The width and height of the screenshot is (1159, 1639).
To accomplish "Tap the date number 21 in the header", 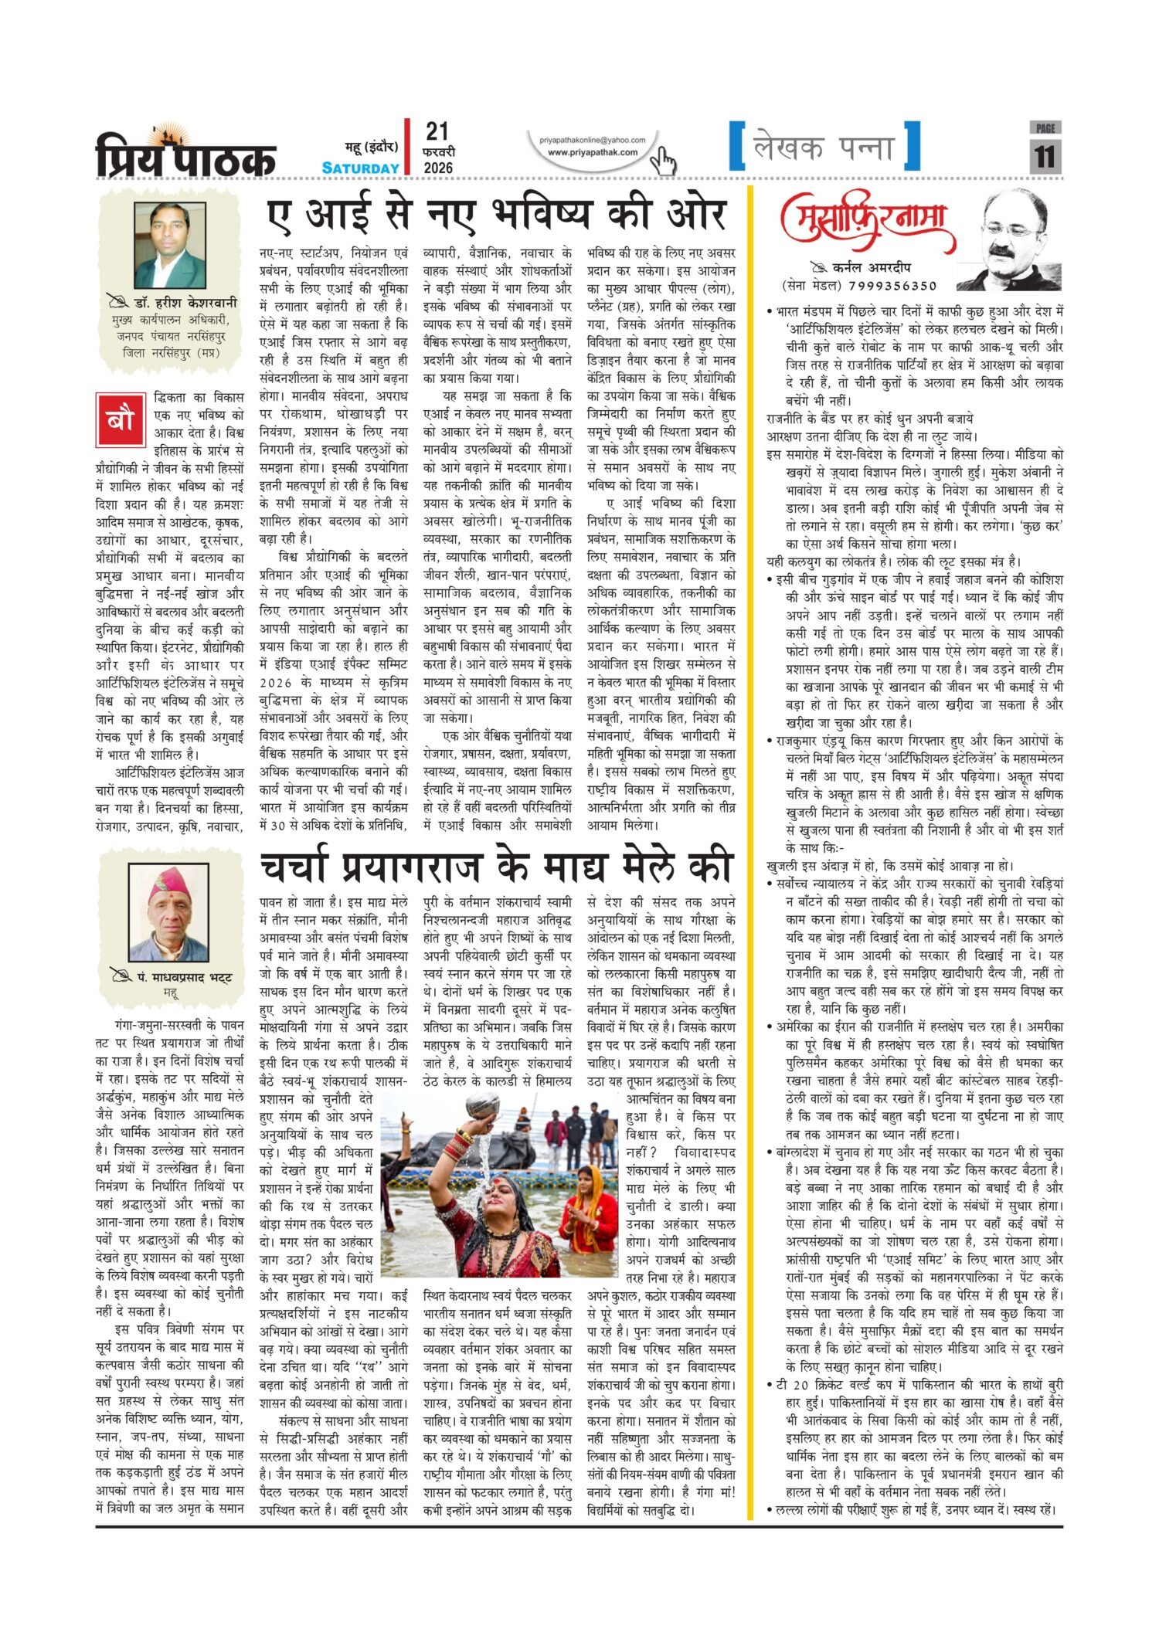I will pyautogui.click(x=437, y=131).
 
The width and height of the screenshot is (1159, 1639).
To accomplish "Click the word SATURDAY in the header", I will pyautogui.click(x=361, y=168).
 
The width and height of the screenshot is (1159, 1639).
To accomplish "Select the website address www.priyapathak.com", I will pyautogui.click(x=593, y=152).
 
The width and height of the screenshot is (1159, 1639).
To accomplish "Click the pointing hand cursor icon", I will pyautogui.click(x=663, y=160).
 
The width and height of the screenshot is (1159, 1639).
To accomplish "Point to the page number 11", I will pyautogui.click(x=1045, y=157).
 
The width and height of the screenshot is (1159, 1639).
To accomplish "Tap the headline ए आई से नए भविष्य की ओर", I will pyautogui.click(x=495, y=215).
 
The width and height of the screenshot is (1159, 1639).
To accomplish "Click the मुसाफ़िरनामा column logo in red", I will pyautogui.click(x=868, y=222).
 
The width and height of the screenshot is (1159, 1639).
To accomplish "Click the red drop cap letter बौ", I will pyautogui.click(x=120, y=419).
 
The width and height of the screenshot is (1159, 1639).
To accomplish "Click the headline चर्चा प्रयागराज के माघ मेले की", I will pyautogui.click(x=495, y=867).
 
